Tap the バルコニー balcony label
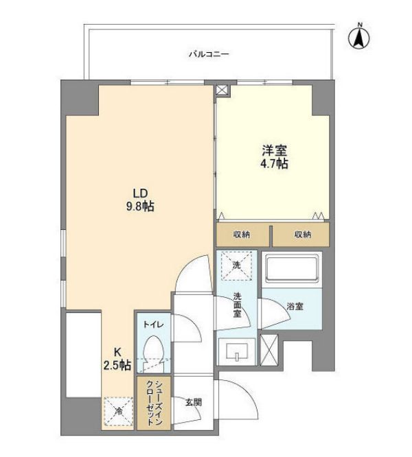pyautogui.click(x=209, y=54)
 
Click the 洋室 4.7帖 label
pyautogui.click(x=273, y=156)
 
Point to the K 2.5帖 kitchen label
pyautogui.click(x=117, y=360)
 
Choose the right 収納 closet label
pyautogui.click(x=303, y=235)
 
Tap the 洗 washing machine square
pyautogui.click(x=236, y=266)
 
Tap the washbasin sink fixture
pyautogui.click(x=236, y=352)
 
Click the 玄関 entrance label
pyautogui.click(x=193, y=402)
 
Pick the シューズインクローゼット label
pyautogui.click(x=154, y=403)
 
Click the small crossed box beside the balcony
pyautogui.click(x=221, y=90)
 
